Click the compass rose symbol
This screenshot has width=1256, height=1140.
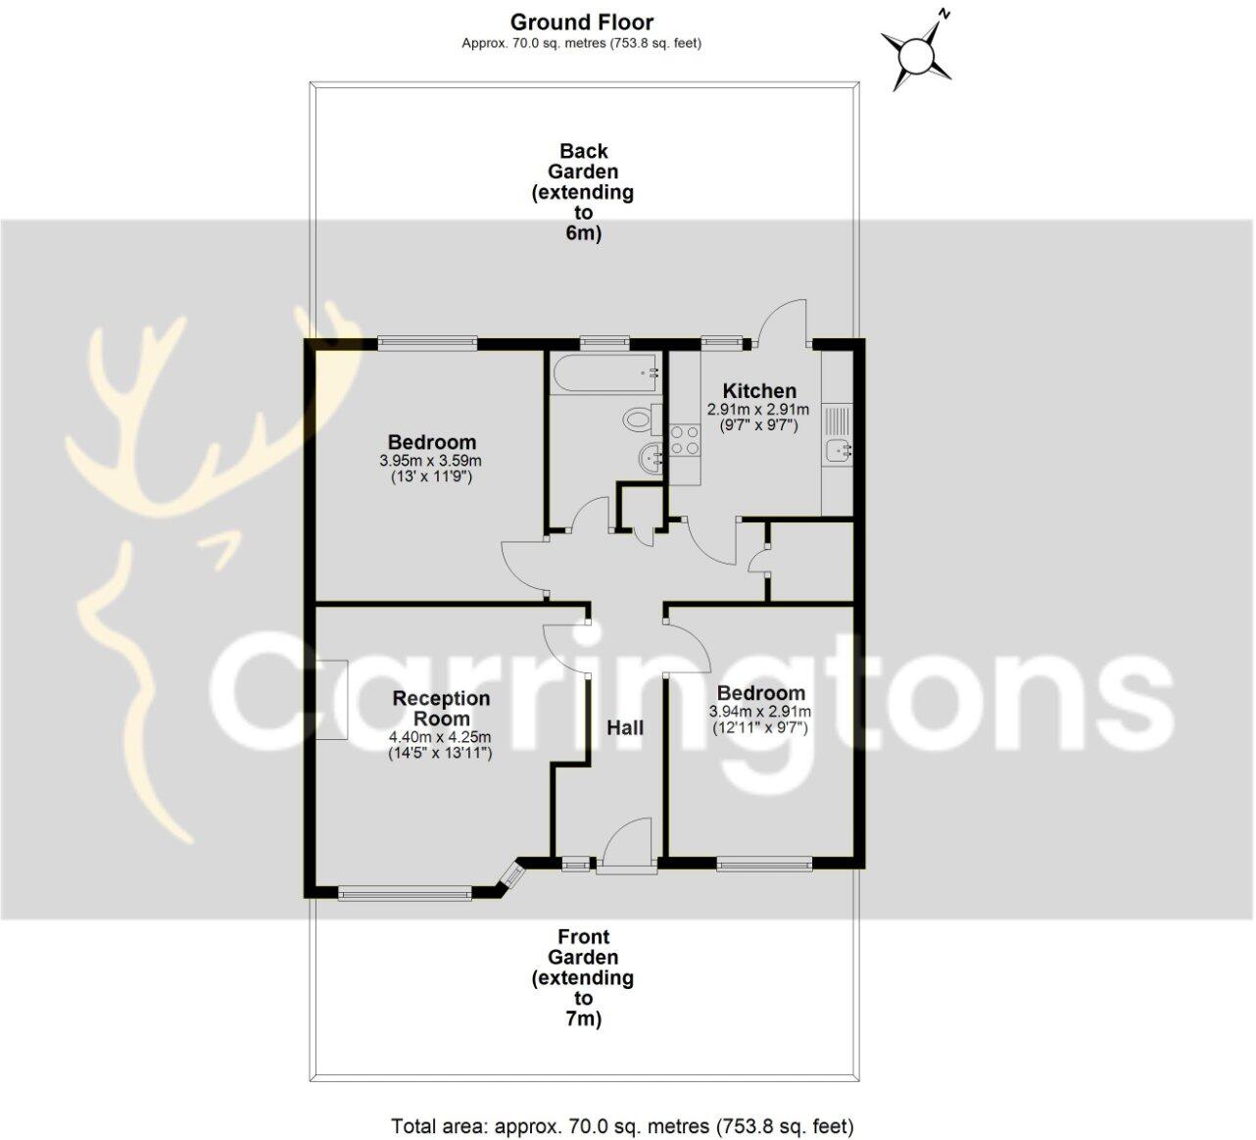point(917,55)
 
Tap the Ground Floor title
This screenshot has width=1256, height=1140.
point(581,22)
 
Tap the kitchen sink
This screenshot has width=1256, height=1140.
point(837,451)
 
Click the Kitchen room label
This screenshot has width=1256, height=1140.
point(758,390)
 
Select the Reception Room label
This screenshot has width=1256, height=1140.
point(441,708)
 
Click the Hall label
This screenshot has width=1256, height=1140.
point(625,727)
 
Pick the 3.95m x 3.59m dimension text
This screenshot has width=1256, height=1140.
point(431,461)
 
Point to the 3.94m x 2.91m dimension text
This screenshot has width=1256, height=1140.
point(760,712)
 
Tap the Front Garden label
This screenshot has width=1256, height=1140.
point(583,977)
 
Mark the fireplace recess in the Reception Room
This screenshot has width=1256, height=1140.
point(332,699)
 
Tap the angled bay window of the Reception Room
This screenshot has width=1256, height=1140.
point(510,876)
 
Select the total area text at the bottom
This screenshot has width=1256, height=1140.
point(622,1126)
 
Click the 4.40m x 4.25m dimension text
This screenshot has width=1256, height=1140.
point(440,737)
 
